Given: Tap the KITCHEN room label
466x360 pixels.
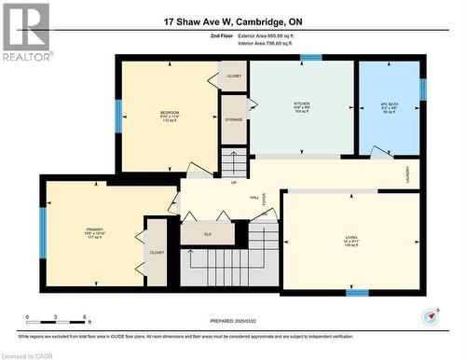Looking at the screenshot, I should [x=302, y=104].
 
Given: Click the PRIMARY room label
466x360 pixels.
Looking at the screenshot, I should [x=94, y=228].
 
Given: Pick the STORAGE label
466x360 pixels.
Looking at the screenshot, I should [x=234, y=119].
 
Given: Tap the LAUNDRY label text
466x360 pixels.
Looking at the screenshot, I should [x=407, y=173].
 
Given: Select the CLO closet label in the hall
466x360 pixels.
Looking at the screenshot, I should [x=208, y=233].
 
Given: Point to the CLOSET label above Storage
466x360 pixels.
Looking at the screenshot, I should [x=234, y=76].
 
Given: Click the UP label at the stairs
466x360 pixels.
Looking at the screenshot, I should [x=233, y=182].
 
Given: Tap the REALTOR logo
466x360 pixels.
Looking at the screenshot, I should [x=26, y=33].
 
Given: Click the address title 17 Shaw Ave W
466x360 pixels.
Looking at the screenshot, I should [x=233, y=21].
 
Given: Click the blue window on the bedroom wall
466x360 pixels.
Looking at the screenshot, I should [x=117, y=117].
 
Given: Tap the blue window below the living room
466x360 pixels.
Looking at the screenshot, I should [x=357, y=292].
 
